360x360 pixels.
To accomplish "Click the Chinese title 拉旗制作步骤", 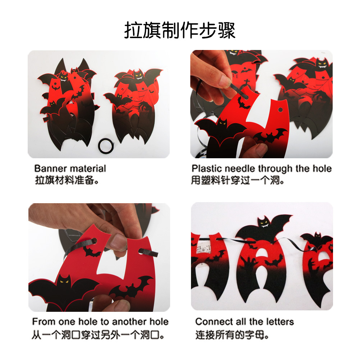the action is coord(180,30).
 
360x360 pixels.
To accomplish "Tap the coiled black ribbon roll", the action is coord(106,146).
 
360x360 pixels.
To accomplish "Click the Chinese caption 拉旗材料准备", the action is coord(67,180).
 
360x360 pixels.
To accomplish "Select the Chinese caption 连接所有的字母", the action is coord(232,335).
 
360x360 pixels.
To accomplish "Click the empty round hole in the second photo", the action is coord(280,110).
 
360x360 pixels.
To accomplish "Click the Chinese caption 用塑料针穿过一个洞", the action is coord(238,180).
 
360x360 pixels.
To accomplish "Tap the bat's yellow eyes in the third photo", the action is coord(64,282).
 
